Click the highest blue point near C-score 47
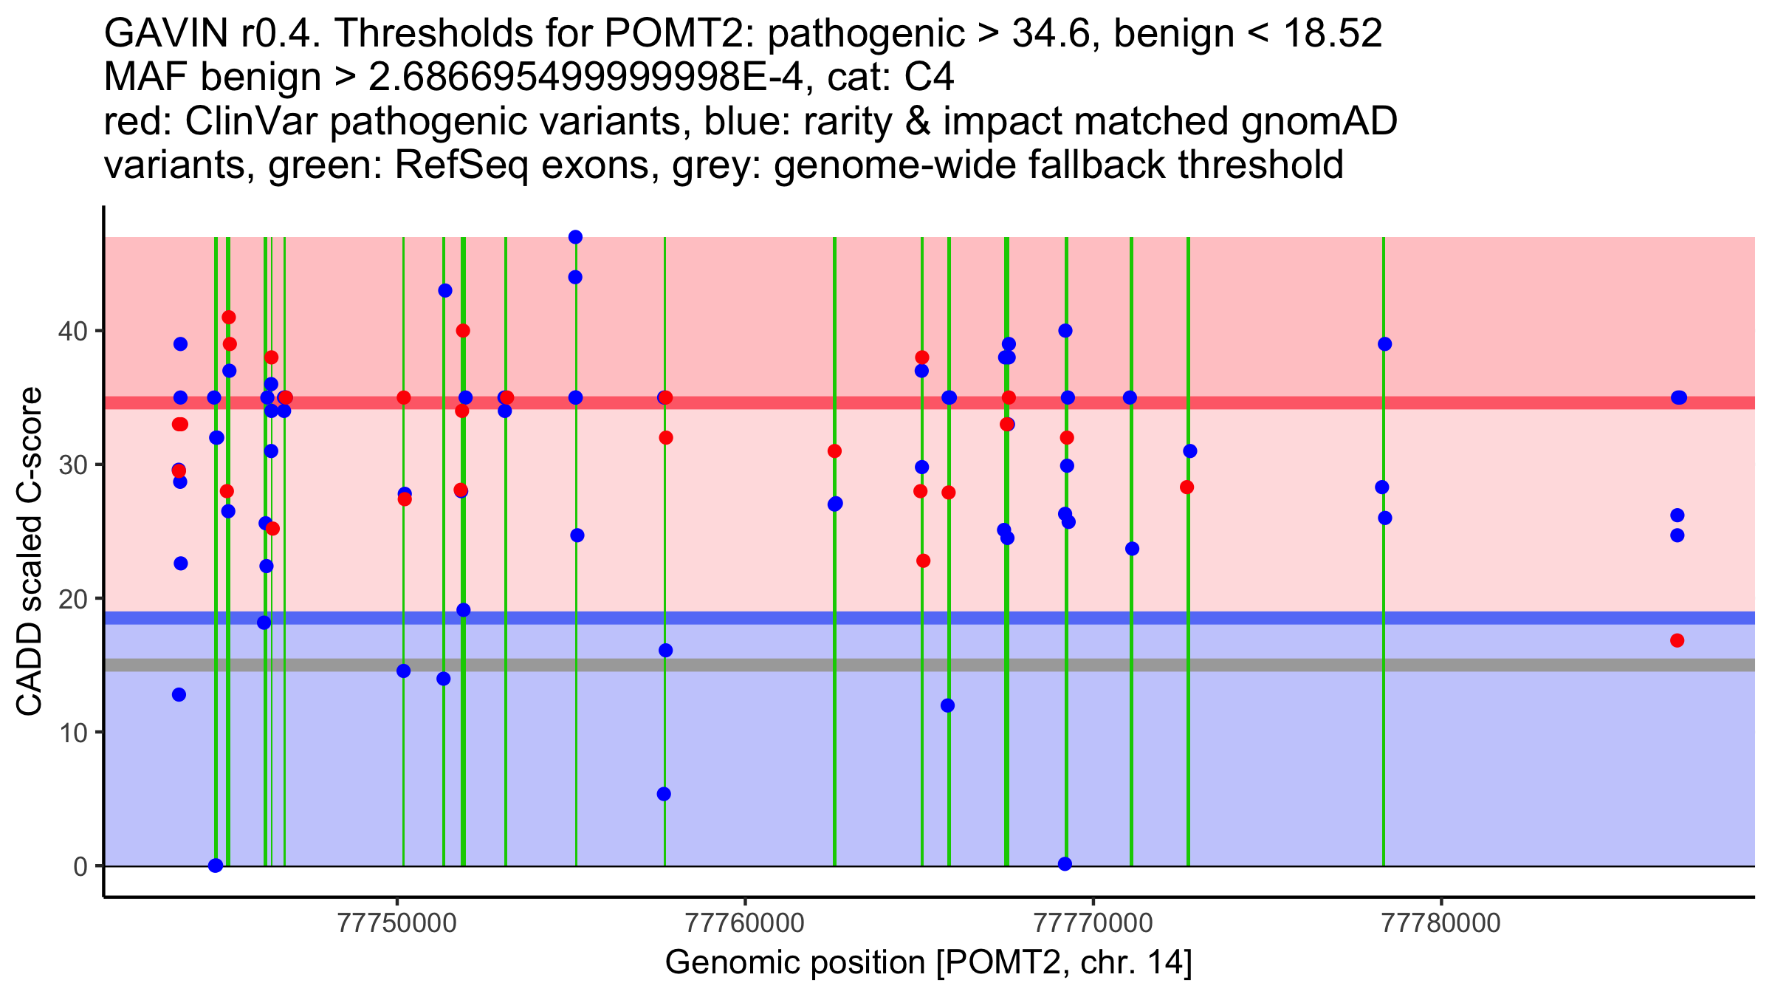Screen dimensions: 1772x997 (x=575, y=237)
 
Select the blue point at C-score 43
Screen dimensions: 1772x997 (x=445, y=290)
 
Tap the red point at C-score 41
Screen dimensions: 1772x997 (x=229, y=318)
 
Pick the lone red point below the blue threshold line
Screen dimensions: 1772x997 (x=1677, y=640)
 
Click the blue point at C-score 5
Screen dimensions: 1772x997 (x=664, y=794)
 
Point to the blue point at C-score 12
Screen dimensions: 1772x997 (x=947, y=705)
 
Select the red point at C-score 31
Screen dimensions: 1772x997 (x=834, y=451)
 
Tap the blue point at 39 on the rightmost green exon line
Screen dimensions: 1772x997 (x=1385, y=344)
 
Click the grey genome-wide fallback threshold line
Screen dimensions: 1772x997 (x=930, y=665)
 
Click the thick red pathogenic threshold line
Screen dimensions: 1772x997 (x=930, y=402)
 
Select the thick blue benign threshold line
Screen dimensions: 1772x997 (x=930, y=618)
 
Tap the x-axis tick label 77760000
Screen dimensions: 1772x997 (x=745, y=923)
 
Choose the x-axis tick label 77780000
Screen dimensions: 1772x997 (x=1440, y=923)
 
